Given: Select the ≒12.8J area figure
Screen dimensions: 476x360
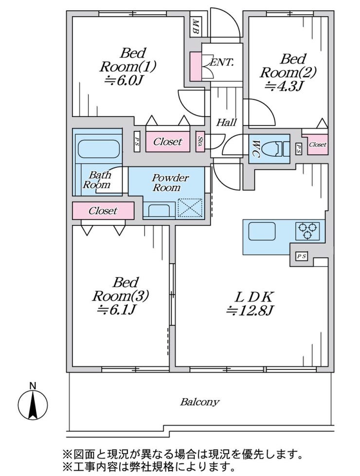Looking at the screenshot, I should pos(250,310).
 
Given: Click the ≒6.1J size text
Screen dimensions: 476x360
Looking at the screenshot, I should pos(117,309).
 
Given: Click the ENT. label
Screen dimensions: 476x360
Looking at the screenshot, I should pos(223,62).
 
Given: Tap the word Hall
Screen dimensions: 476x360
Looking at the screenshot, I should pos(226,123).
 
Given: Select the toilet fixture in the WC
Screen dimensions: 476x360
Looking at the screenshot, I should pos(276,148).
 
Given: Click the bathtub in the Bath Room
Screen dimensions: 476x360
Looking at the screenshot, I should pos(98,149).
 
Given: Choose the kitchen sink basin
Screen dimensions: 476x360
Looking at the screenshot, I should pos(262,231).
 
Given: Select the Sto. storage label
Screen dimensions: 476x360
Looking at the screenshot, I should pos(200,141).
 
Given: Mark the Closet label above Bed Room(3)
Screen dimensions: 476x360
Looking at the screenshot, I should pos(103,211).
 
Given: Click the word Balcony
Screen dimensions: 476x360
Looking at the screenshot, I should pos(199,402).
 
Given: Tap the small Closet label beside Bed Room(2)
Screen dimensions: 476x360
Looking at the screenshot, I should pos(318,145).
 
